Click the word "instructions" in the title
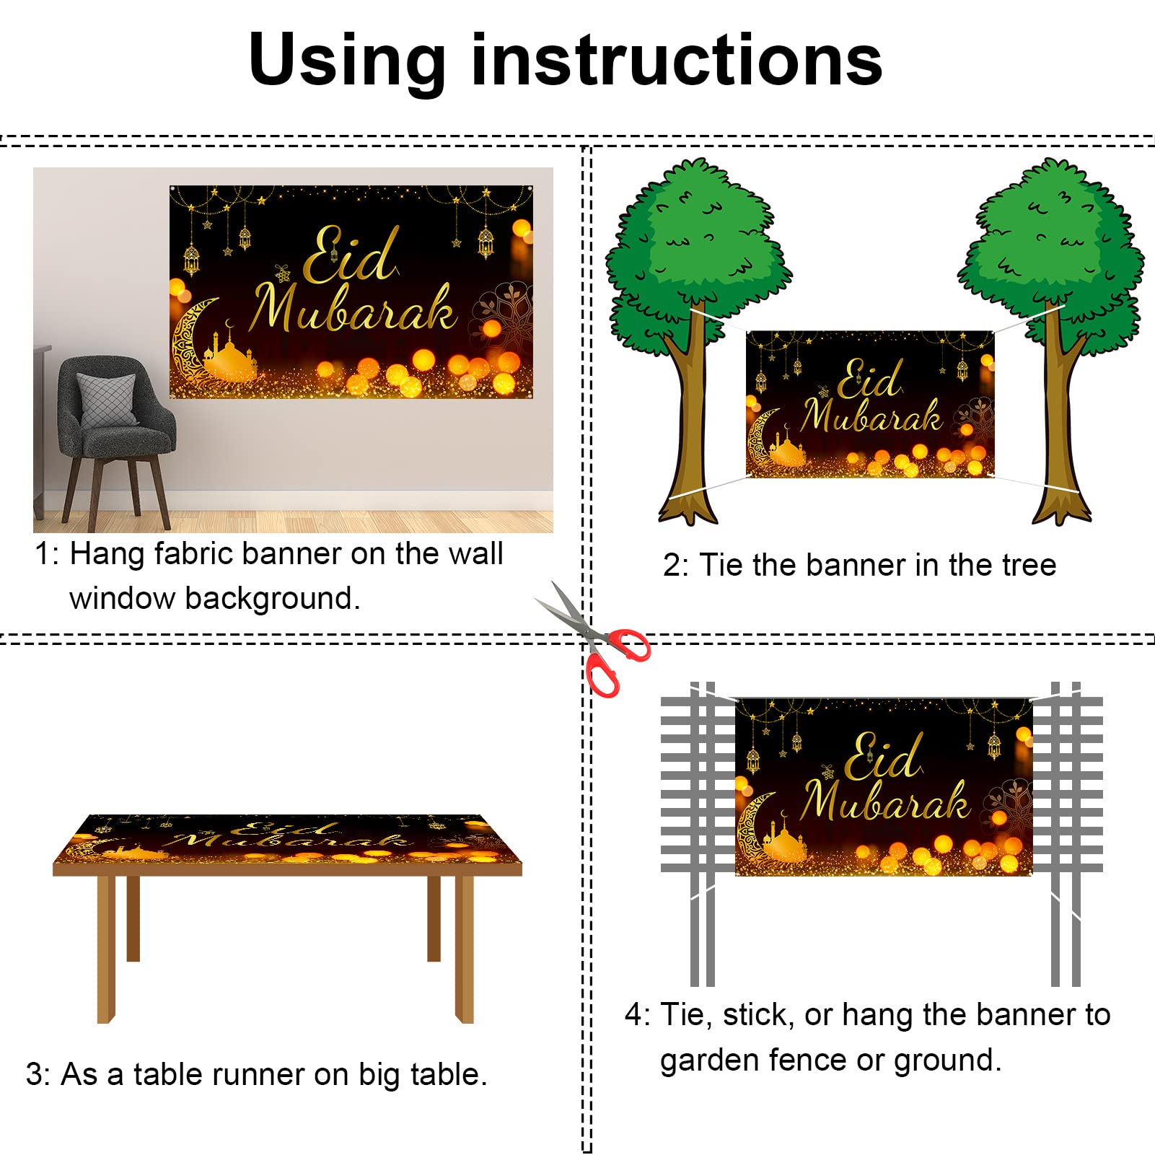pos(677,61)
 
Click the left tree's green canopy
pos(696,256)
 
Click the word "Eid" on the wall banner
pos(351,255)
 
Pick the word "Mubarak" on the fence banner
pos(886,801)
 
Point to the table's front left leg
pos(106,949)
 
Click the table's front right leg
pos(464,949)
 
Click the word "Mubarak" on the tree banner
pos(871,416)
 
